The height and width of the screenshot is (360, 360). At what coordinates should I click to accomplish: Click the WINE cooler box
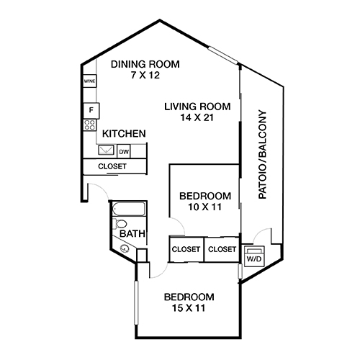89,81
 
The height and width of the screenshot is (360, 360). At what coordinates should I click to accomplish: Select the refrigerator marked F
90,110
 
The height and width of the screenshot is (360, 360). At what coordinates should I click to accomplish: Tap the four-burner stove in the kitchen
90,125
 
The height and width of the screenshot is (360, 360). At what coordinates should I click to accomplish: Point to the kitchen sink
105,151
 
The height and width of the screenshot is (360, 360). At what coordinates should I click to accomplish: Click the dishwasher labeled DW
124,151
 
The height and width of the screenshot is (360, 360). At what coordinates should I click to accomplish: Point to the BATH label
132,234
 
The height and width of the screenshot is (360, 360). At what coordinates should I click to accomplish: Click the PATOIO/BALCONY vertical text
262,155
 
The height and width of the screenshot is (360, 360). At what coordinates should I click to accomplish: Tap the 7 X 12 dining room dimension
145,76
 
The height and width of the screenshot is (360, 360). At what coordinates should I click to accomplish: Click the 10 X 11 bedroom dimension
204,207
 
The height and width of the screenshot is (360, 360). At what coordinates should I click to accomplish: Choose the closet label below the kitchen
112,166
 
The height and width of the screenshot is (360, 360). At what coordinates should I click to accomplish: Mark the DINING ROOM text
145,64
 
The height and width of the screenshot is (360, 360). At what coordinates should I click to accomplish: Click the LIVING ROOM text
192,106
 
